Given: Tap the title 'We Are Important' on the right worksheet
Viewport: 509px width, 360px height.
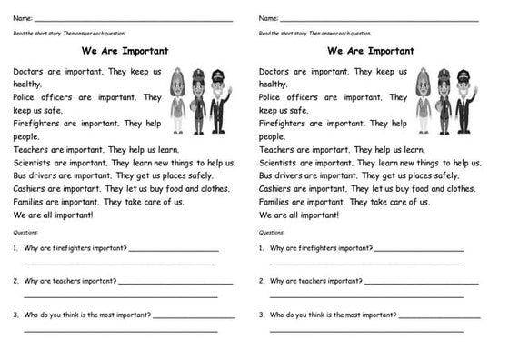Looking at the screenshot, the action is coord(370,51).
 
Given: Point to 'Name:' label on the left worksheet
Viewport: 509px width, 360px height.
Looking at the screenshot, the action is coord(24,18).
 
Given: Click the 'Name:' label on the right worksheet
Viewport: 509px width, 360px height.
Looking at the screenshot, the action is coord(268,18).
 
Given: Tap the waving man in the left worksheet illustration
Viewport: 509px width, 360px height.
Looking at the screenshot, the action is coord(218,100).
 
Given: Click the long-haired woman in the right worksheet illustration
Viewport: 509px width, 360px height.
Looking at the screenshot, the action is coord(423,100).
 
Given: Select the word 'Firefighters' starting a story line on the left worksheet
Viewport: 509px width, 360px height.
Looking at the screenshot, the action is coord(38,123).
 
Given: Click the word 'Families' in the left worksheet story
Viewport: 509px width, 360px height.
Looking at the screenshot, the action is coord(32,202).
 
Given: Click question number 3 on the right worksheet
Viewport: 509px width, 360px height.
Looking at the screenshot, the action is coord(261,315).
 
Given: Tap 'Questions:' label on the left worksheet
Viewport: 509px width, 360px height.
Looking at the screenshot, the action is coord(27,233).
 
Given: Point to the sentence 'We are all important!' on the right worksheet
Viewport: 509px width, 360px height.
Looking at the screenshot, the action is coord(299,215).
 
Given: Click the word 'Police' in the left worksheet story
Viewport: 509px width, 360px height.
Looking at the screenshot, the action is coord(26,96).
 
